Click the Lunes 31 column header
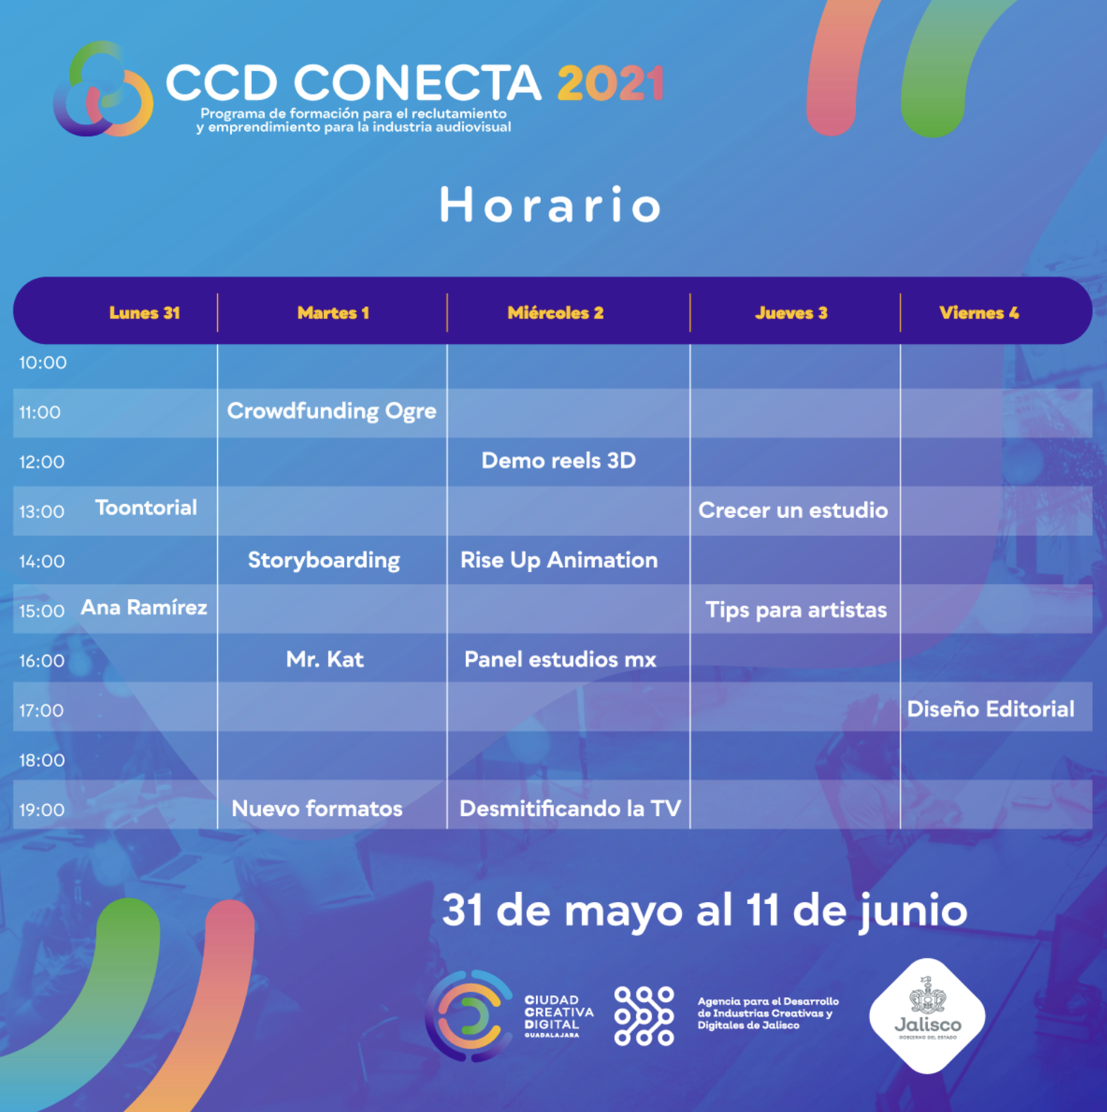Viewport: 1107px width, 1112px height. (x=145, y=313)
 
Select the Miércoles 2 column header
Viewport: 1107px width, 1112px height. (x=556, y=313)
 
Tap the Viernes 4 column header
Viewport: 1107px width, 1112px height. (x=979, y=313)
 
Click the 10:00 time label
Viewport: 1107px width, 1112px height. (x=43, y=363)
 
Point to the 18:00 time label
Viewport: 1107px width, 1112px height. (x=42, y=760)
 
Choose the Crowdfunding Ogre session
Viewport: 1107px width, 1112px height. (x=331, y=411)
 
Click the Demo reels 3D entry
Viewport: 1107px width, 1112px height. (x=558, y=461)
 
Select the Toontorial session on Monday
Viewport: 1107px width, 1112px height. (x=146, y=507)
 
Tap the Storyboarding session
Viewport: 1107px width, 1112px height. (x=324, y=561)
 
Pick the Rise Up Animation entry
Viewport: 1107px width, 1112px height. (x=559, y=561)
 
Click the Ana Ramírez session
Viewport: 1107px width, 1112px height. (x=144, y=607)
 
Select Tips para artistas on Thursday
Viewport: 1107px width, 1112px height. (x=796, y=610)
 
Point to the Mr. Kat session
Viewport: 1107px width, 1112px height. (x=325, y=660)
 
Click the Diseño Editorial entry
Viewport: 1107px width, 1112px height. (x=991, y=709)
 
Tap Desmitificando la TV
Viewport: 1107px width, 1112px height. (x=570, y=808)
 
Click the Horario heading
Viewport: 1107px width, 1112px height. (x=551, y=205)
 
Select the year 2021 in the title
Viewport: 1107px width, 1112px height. (x=611, y=83)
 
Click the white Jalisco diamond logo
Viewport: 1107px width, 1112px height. (x=927, y=1015)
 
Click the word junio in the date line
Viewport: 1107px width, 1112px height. (x=914, y=912)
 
